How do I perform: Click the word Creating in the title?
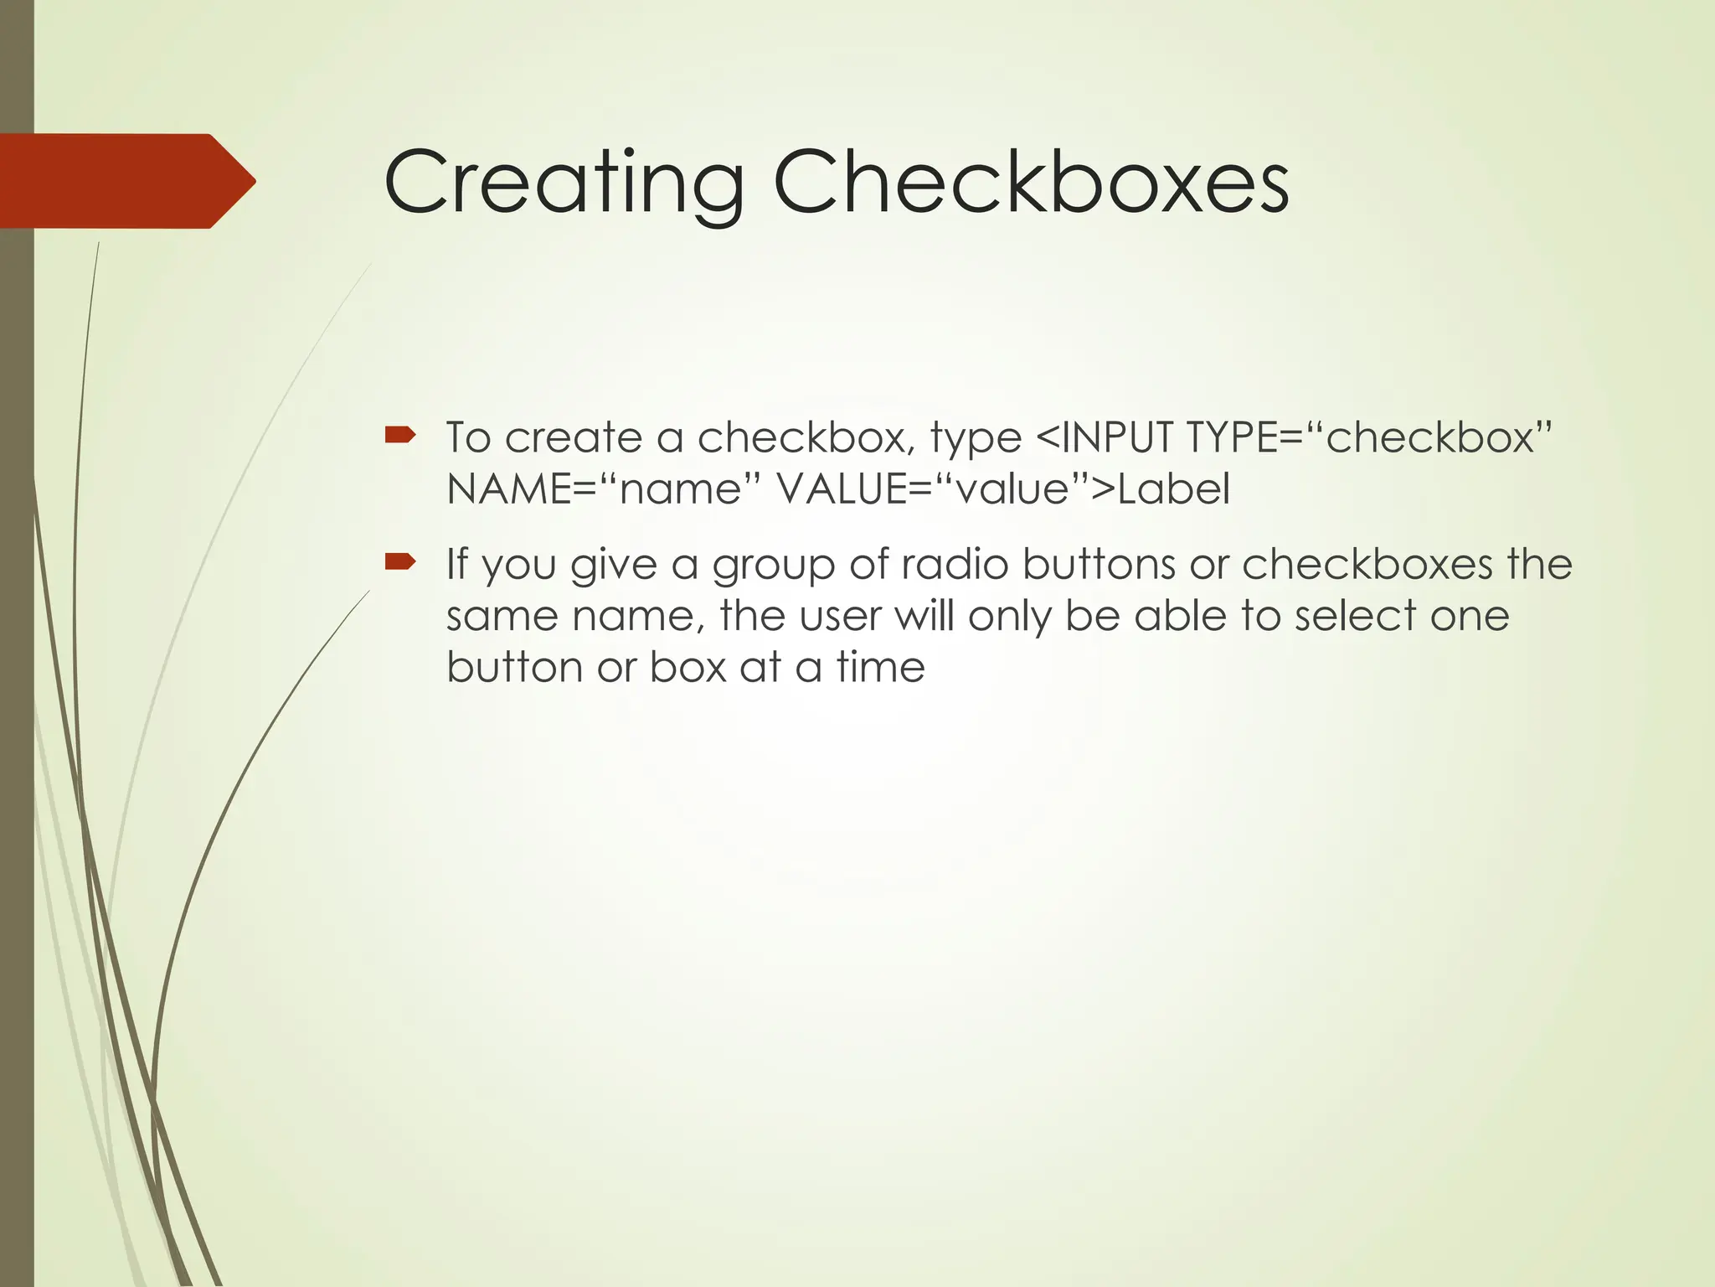(563, 183)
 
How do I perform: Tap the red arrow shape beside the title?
(126, 181)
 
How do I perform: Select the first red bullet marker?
(400, 434)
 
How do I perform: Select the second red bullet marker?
(400, 561)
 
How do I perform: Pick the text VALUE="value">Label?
(1003, 489)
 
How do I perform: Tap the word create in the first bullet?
(574, 437)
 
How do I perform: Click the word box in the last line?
(688, 668)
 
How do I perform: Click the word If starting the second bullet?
(456, 564)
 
